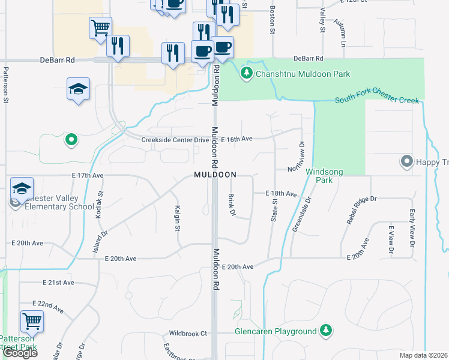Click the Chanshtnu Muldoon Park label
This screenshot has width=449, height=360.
pos(303,74)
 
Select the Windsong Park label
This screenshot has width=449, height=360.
pos(324,176)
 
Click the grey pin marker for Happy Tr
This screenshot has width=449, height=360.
pos(406,161)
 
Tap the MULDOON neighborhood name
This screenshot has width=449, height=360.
pos(215,175)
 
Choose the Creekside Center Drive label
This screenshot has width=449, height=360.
pos(175,140)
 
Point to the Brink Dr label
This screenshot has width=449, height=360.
pos(231,205)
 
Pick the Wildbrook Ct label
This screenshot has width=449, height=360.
pos(187,333)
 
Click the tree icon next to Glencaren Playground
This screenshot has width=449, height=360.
pos(326,330)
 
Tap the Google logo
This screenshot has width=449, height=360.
pos(19,352)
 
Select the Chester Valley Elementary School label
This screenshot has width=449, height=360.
pos(55,202)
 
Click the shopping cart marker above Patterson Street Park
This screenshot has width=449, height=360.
pos(32,321)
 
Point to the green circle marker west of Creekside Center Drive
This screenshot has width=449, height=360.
pos(71,140)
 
